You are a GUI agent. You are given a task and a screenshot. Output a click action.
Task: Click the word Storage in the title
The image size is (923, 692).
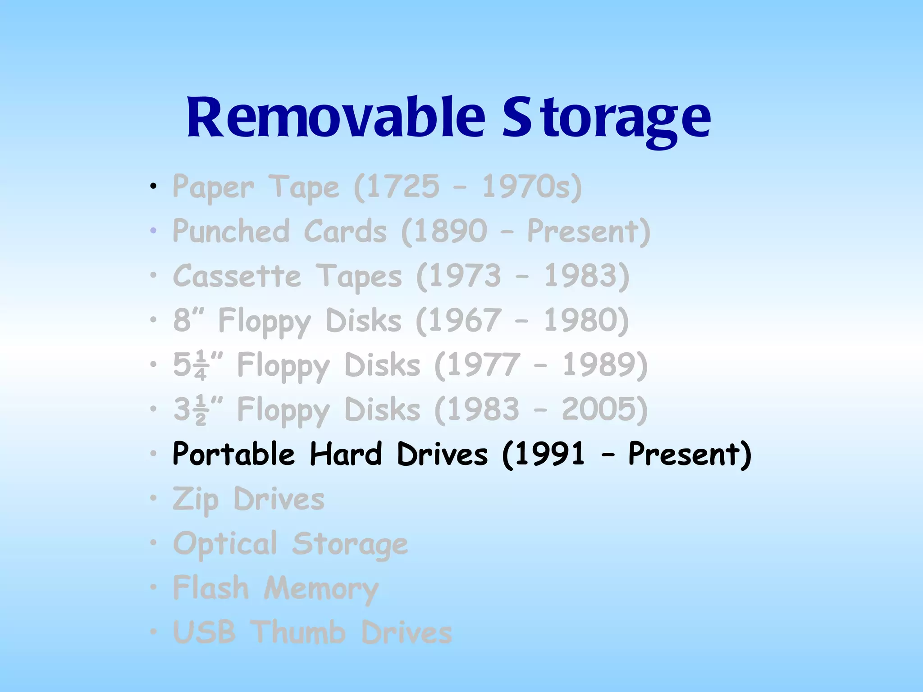pos(606,118)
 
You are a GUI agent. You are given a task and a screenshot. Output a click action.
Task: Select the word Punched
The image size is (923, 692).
pos(231,231)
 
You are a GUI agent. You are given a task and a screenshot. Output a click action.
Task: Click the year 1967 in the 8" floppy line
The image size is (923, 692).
pos(464,320)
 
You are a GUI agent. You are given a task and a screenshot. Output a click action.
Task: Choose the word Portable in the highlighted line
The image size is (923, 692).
pos(233,454)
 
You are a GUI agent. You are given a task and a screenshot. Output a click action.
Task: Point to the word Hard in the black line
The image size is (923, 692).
pos(346,454)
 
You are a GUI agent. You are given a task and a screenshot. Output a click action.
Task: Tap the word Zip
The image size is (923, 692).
pos(196,499)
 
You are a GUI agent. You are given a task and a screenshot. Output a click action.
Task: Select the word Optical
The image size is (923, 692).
pos(225,544)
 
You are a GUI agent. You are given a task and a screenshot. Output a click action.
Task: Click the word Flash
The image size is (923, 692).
pos(210,588)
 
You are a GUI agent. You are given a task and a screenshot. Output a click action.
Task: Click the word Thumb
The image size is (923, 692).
pos(298,632)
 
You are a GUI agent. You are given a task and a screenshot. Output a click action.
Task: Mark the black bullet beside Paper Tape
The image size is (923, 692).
pos(154,186)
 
